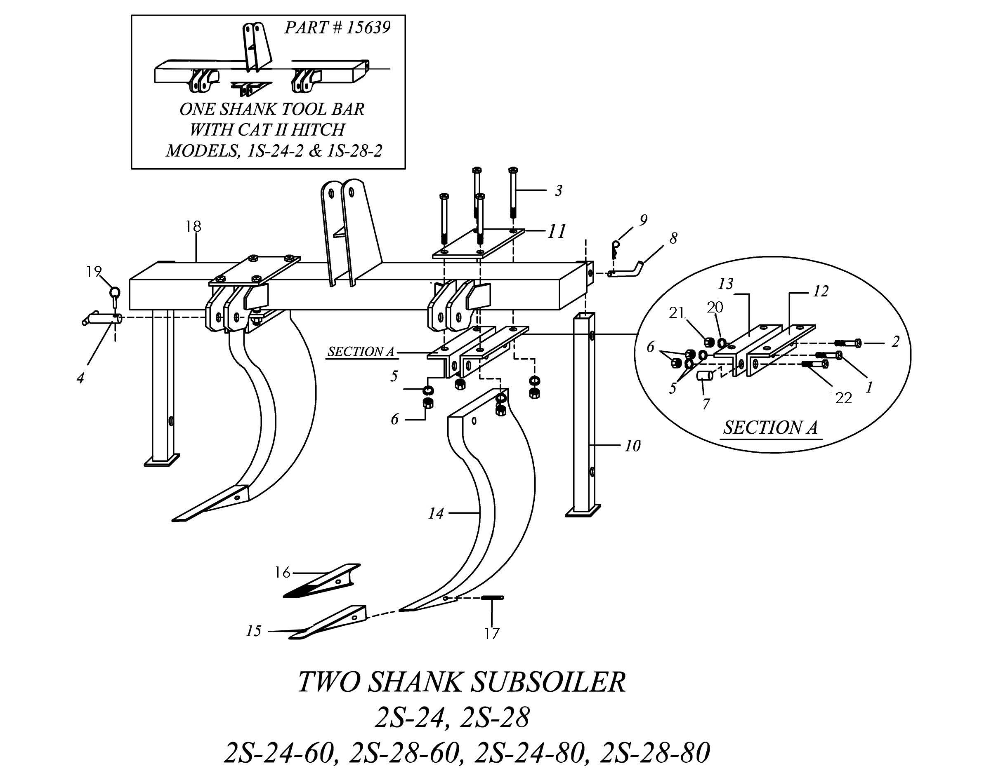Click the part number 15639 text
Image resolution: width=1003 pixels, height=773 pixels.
pyautogui.click(x=368, y=28)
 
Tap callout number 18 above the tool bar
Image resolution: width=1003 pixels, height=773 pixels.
pyautogui.click(x=194, y=226)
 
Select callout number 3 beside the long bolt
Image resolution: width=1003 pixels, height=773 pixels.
pyautogui.click(x=559, y=190)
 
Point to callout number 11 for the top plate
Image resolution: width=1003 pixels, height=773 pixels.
pyautogui.click(x=557, y=231)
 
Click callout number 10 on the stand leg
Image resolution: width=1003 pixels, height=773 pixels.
pyautogui.click(x=632, y=446)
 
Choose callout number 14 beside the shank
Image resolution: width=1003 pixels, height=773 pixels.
pyautogui.click(x=436, y=513)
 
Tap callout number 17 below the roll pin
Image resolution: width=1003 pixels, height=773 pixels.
pyautogui.click(x=491, y=634)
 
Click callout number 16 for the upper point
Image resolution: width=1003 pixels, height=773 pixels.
pyautogui.click(x=283, y=572)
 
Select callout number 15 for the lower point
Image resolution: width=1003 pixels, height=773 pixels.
pyautogui.click(x=253, y=631)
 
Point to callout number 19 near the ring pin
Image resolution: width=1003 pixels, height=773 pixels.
pyautogui.click(x=94, y=272)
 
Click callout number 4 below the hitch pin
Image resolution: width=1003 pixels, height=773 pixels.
pyautogui.click(x=80, y=379)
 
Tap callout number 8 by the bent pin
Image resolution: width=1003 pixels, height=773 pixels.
pyautogui.click(x=673, y=238)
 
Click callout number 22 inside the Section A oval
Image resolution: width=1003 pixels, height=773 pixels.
pyautogui.click(x=844, y=398)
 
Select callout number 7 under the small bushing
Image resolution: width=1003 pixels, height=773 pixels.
pyautogui.click(x=706, y=404)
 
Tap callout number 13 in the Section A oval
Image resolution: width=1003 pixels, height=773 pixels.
pyautogui.click(x=726, y=284)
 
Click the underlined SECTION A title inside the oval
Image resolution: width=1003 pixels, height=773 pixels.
pyautogui.click(x=771, y=428)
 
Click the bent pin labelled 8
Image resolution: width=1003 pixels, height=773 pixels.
pyautogui.click(x=627, y=269)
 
